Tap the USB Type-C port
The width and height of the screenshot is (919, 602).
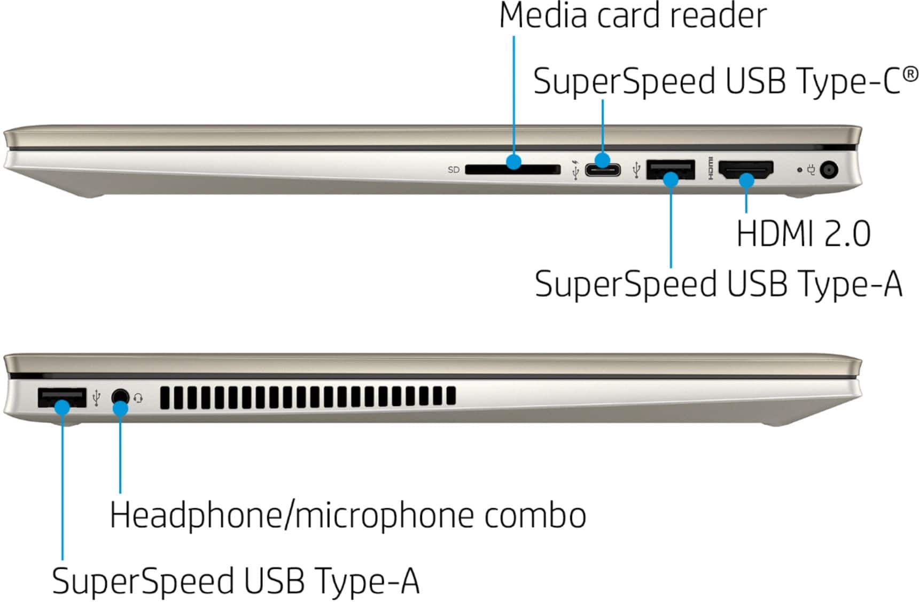pos(603,170)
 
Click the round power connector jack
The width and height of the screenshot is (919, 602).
pos(828,170)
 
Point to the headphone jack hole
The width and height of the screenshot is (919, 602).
pos(121,397)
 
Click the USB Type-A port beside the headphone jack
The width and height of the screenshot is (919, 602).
pos(61,398)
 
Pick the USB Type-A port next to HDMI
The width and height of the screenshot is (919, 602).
pos(671,169)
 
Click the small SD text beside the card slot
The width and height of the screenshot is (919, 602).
pos(454,170)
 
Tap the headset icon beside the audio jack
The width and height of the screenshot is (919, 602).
pos(138,398)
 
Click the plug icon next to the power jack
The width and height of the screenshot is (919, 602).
pos(812,170)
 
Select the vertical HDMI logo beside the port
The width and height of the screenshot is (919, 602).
pos(710,168)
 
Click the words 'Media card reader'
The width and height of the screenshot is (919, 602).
pos(633,16)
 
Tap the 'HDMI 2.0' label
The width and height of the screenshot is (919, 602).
pos(803,233)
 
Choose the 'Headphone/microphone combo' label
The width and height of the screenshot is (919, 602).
pos(348,515)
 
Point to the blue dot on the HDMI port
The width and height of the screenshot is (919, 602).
pos(746,181)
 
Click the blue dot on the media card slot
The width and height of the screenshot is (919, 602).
pos(514,161)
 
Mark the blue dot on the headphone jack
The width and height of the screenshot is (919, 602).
pos(121,409)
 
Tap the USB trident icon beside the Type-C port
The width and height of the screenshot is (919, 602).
pos(575,170)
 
